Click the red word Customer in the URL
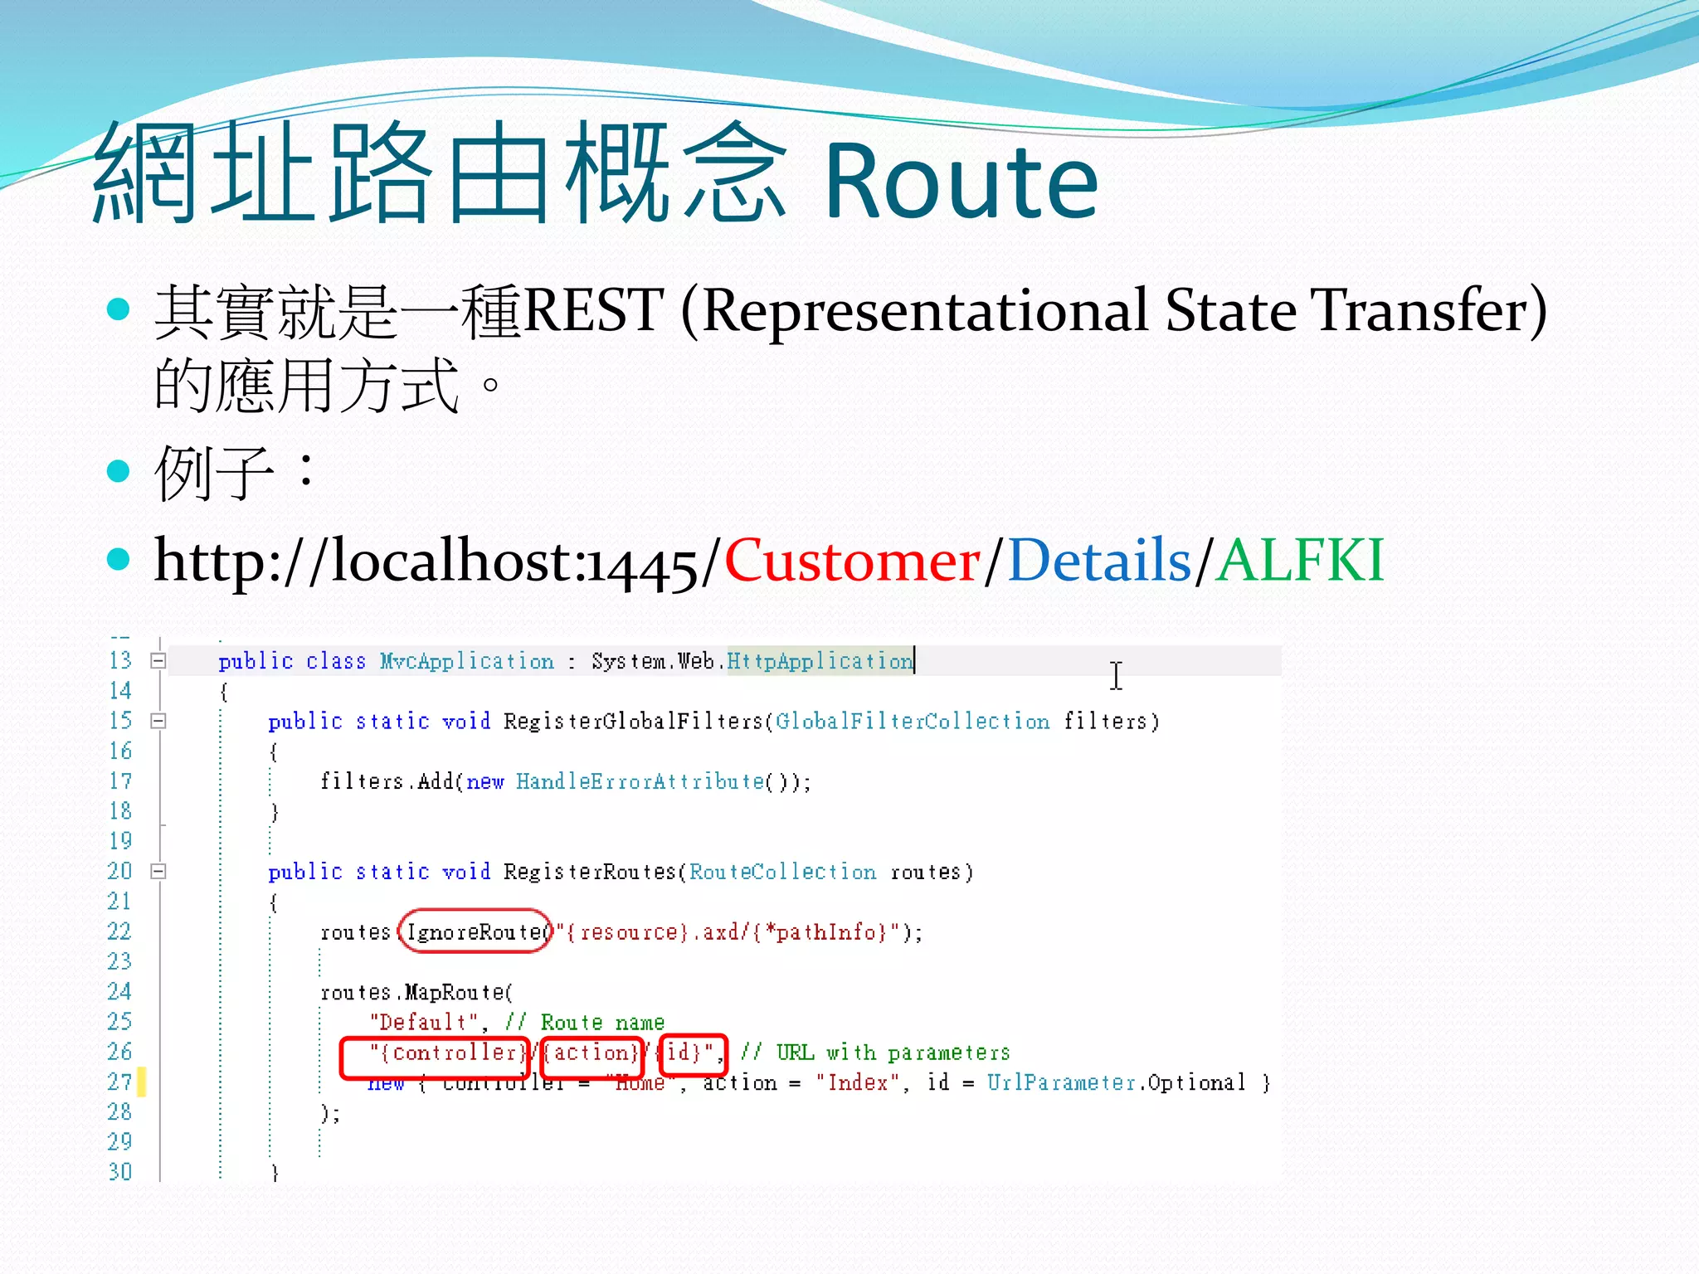coord(852,561)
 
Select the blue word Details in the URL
coord(1098,561)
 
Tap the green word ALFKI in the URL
coord(1300,561)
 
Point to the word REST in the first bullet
coord(593,310)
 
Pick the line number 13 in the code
coord(120,660)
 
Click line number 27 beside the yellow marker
coord(119,1082)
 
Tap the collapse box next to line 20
coord(158,871)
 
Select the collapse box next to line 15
coord(158,721)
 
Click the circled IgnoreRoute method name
coord(475,932)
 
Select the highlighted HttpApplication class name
coord(820,661)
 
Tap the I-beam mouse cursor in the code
coord(1117,675)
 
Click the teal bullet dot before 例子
coord(119,470)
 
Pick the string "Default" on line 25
coord(423,1023)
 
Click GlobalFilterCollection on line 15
coord(913,722)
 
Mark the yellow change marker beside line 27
coord(142,1082)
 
